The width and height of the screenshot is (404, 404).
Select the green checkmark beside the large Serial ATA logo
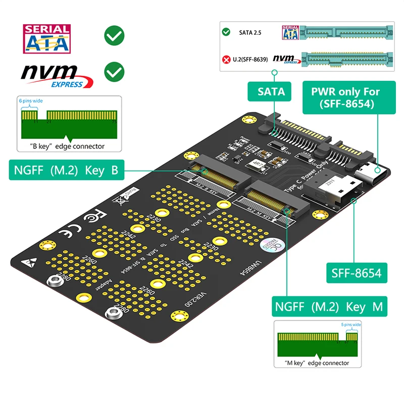tap(114, 35)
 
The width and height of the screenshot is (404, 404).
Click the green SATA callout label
tap(271, 91)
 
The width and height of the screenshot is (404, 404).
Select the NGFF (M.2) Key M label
tap(329, 307)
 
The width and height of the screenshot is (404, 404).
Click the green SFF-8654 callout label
tap(356, 274)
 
